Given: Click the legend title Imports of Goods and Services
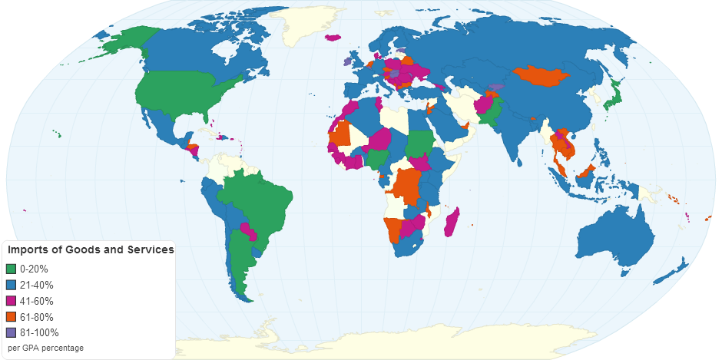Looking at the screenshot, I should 91,250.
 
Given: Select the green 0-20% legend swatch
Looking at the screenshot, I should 11,269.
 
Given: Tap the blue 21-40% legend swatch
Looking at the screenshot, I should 11,285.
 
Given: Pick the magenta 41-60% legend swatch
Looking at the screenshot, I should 11,301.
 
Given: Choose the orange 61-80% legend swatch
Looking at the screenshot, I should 11,317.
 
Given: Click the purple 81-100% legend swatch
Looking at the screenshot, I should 11,333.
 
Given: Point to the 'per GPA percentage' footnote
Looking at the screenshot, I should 45,348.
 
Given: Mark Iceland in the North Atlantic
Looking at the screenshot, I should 333,37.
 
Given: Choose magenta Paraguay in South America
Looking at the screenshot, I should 247,228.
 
